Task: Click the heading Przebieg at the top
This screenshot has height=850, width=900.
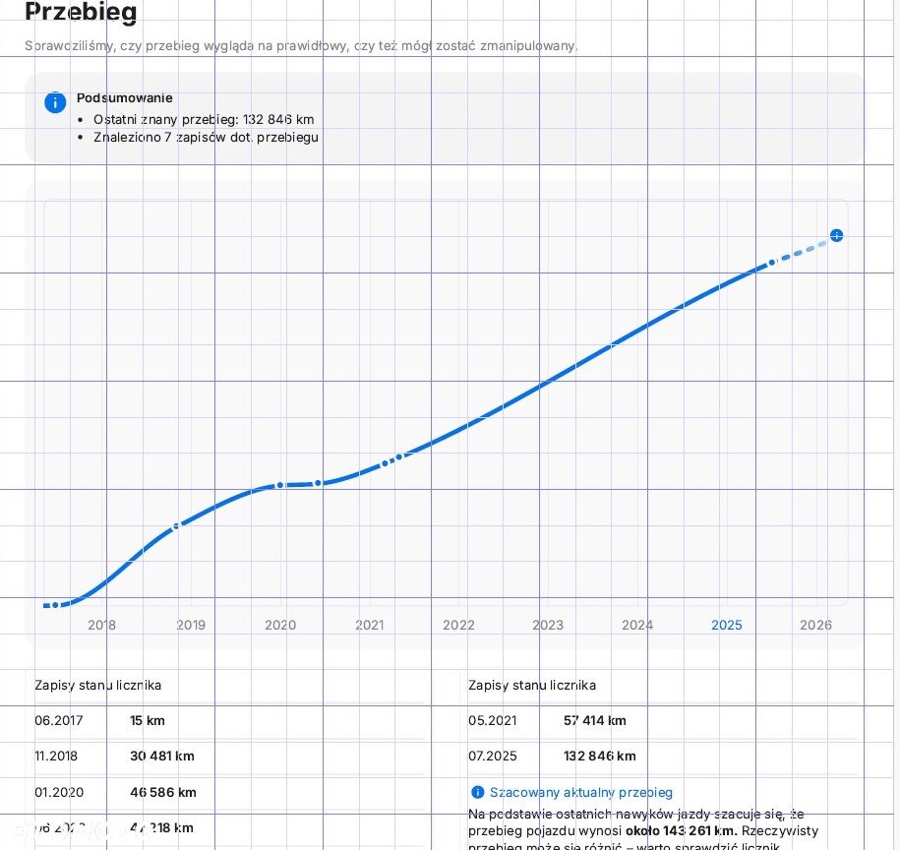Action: click(81, 13)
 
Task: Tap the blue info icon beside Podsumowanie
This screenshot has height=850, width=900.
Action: click(55, 102)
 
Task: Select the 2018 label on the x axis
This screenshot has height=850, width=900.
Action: click(101, 625)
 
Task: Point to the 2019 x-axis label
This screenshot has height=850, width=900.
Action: click(191, 625)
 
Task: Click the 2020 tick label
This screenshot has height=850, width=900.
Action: click(280, 625)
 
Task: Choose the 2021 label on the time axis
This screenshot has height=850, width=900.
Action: click(370, 625)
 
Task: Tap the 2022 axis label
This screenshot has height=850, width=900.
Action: click(458, 625)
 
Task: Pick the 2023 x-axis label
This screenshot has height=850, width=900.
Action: click(548, 625)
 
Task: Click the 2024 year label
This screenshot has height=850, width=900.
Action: click(637, 625)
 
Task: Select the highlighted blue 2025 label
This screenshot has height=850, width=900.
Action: click(727, 625)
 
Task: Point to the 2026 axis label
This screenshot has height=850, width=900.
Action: click(815, 625)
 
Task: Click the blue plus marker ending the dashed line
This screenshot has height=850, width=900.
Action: click(836, 235)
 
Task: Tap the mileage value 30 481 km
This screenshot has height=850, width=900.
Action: click(162, 756)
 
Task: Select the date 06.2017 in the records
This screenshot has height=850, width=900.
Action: click(59, 720)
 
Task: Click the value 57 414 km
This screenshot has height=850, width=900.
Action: click(595, 720)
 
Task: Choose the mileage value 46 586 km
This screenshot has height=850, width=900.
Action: click(163, 792)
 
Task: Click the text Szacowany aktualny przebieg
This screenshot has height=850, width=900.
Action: click(581, 792)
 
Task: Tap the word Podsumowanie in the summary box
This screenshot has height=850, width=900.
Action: click(124, 97)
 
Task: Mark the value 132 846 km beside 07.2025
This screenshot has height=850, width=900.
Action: click(600, 756)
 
